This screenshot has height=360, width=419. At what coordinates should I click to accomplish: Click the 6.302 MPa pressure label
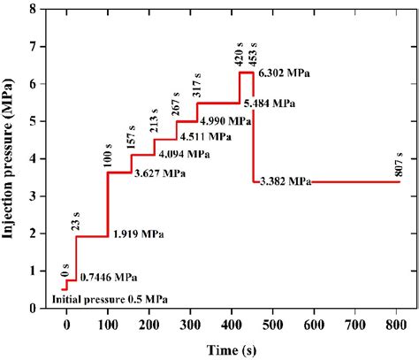point(289,73)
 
